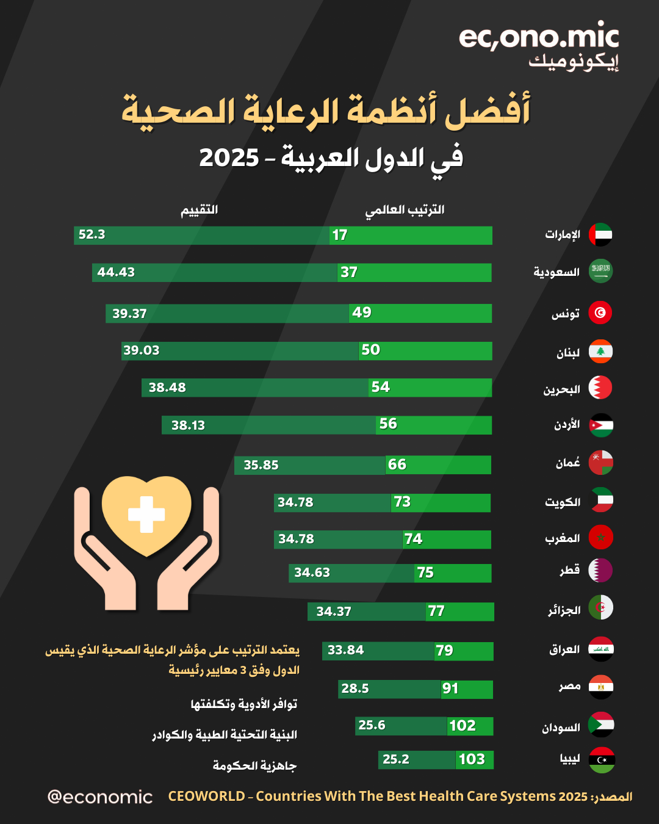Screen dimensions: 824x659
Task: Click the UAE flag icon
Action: (x=600, y=235)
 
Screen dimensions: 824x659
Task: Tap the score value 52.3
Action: (x=92, y=234)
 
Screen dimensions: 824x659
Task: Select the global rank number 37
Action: (x=349, y=272)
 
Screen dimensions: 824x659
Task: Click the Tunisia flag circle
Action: (x=600, y=313)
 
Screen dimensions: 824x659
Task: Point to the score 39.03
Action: (x=141, y=350)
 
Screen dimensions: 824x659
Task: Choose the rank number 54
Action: (x=380, y=387)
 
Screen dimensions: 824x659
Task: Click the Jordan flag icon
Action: (x=601, y=425)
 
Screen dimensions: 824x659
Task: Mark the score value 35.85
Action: (x=261, y=465)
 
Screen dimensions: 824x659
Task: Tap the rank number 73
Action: (x=402, y=502)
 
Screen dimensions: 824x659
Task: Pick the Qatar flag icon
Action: (x=600, y=570)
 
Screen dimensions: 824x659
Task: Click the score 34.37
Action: (x=334, y=612)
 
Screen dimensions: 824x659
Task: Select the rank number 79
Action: (x=444, y=651)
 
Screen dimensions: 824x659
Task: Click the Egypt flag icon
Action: (x=601, y=687)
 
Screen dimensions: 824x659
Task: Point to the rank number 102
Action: (x=462, y=726)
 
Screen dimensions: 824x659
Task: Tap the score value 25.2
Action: (x=396, y=759)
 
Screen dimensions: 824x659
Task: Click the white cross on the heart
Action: (x=146, y=515)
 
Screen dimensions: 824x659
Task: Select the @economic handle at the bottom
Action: (x=100, y=797)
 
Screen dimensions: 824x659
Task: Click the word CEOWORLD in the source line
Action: (x=206, y=797)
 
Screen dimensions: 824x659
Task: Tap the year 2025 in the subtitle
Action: (x=229, y=158)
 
